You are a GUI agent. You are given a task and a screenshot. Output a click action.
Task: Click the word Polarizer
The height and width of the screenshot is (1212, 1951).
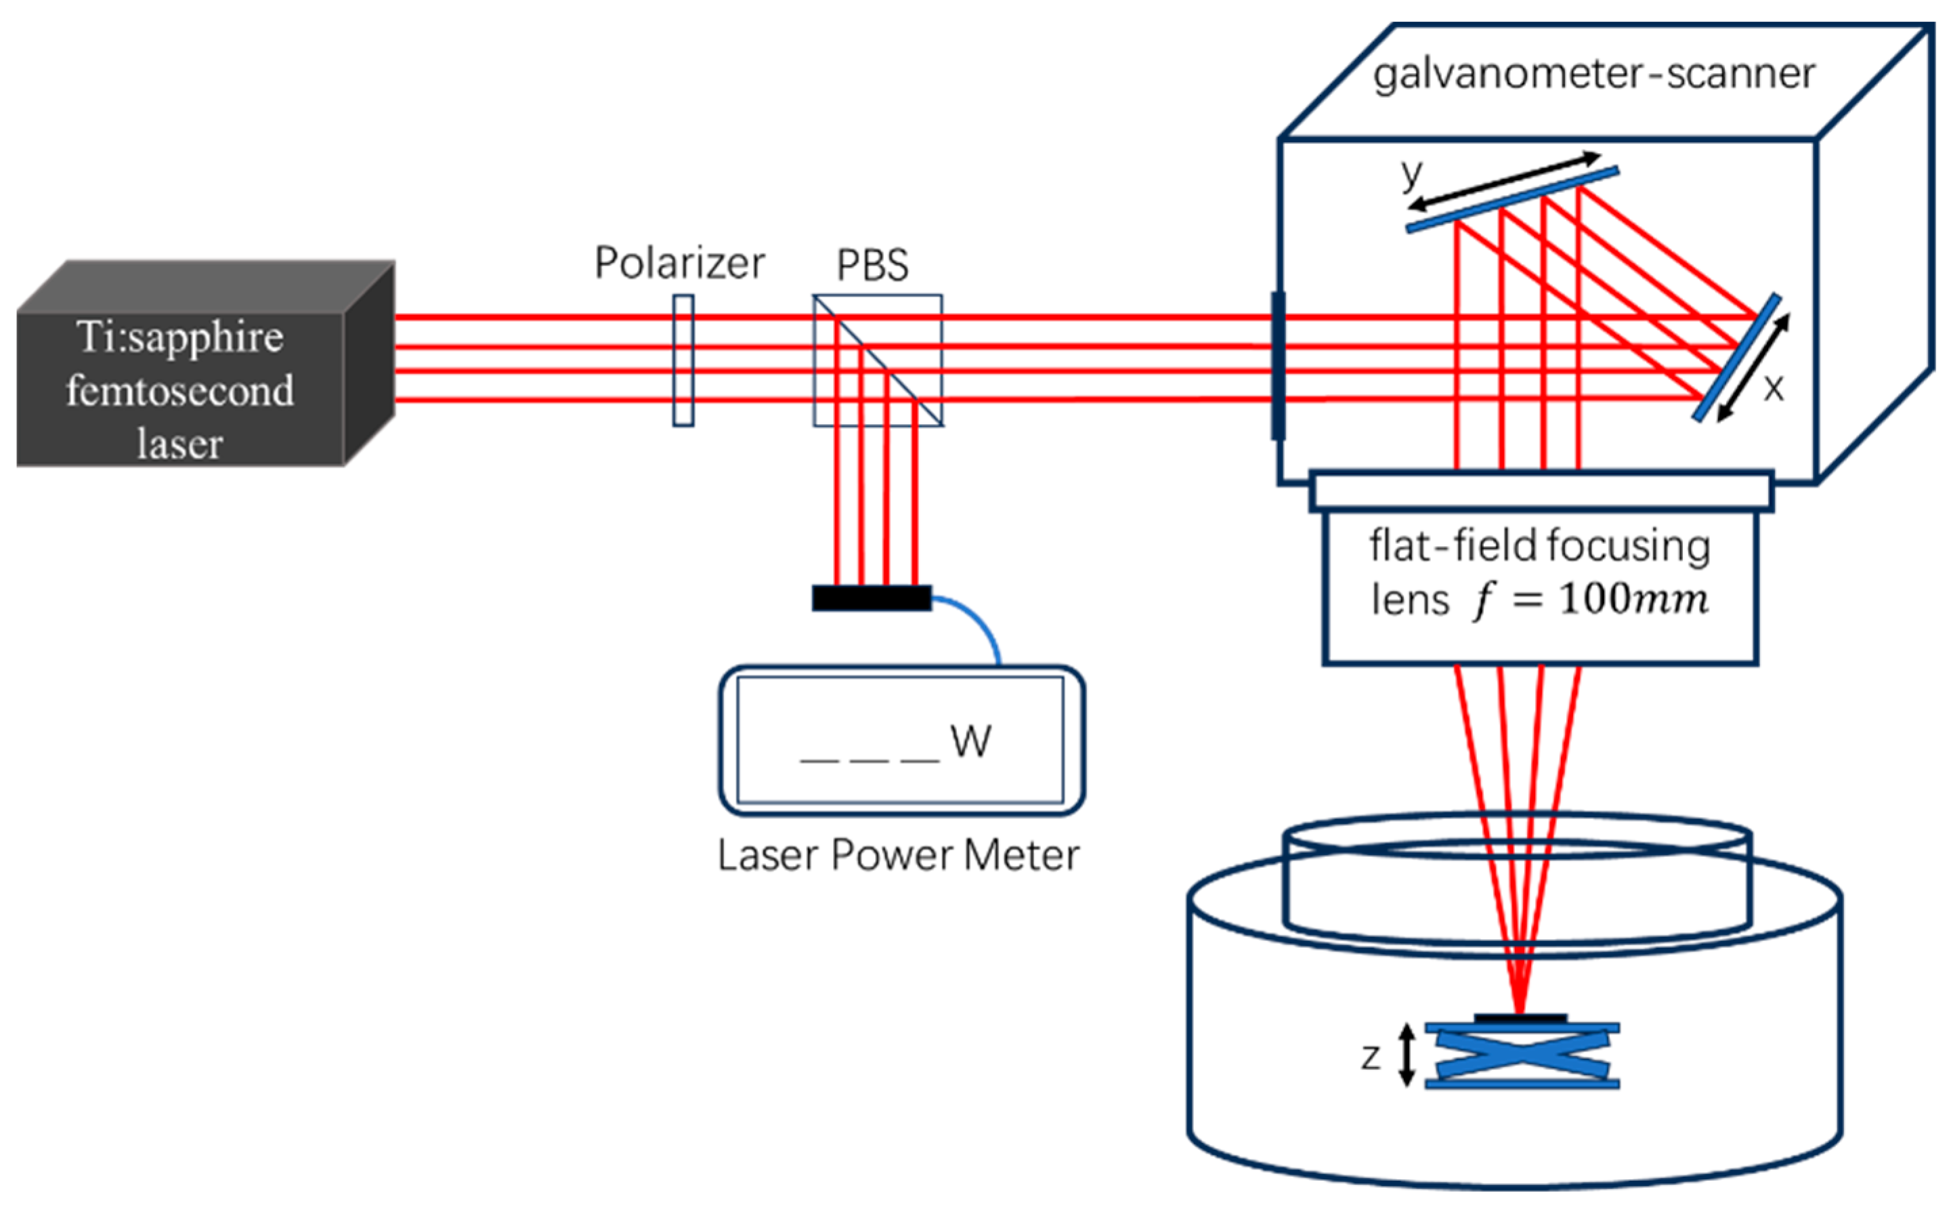[x=679, y=263]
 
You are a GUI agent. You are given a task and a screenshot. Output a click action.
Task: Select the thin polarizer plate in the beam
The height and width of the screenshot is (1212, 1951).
[x=683, y=360]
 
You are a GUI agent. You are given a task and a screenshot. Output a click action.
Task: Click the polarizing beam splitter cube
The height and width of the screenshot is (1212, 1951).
[x=878, y=360]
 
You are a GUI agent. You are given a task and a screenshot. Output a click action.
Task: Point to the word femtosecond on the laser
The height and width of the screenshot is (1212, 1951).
[x=180, y=391]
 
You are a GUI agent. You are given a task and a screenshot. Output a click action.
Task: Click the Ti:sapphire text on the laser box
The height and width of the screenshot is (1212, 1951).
[x=180, y=337]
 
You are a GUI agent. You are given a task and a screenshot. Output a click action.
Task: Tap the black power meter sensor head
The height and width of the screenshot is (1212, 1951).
[x=872, y=598]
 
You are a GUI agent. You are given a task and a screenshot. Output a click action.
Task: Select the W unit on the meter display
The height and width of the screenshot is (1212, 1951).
[x=970, y=741]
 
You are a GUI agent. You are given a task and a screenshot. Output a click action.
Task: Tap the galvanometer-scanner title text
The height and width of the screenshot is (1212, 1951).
[x=1593, y=74]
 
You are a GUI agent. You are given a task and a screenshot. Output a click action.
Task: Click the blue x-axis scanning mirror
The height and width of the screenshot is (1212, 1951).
[x=1736, y=358]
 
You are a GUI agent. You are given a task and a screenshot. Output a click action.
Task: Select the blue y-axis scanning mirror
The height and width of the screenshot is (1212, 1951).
[x=1512, y=201]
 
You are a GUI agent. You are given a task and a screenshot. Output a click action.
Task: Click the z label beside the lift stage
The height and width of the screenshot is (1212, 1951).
[x=1371, y=1058]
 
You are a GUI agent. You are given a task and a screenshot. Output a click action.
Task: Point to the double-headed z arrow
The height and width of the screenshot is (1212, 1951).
[x=1406, y=1056]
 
